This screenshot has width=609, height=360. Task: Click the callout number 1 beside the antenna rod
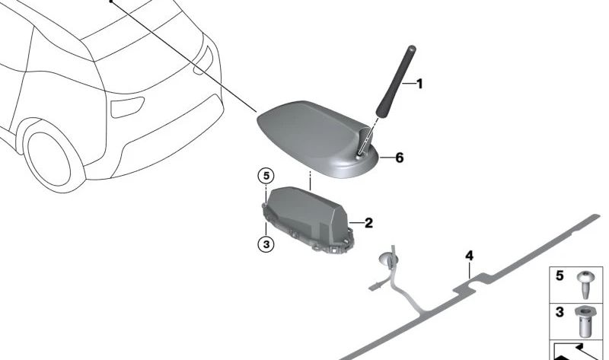click(x=418, y=84)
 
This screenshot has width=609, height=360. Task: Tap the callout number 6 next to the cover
click(x=398, y=158)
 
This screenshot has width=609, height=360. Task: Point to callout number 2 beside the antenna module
click(x=368, y=223)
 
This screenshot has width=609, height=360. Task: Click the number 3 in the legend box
click(x=560, y=312)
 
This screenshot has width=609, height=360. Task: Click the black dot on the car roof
click(x=111, y=2)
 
